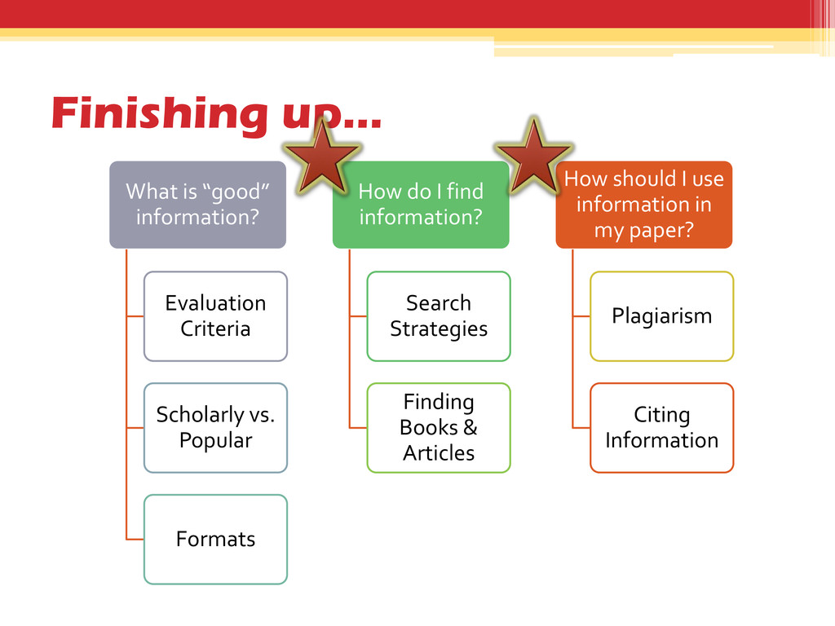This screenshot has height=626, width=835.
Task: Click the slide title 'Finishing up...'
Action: coord(215,113)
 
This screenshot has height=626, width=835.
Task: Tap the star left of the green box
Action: coord(320,158)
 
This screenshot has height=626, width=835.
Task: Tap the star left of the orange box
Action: coord(534,158)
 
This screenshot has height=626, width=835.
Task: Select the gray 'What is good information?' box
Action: coord(198,205)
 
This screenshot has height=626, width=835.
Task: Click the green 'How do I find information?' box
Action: coord(421,205)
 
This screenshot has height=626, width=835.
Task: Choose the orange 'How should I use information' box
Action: coord(643,205)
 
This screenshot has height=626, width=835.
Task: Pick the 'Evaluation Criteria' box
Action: coord(215,316)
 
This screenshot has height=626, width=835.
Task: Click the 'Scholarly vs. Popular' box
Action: coord(215,428)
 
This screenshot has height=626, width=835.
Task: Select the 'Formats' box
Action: coord(215,540)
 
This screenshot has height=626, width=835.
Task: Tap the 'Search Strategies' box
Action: coord(439,316)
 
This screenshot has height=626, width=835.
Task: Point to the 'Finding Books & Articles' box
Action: coord(439,428)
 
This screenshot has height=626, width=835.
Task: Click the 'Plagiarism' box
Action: coord(661,316)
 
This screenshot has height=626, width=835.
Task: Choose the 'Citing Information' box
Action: coord(661,428)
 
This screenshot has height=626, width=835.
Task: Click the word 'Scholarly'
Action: coord(194,415)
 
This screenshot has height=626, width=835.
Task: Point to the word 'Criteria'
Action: coord(215,329)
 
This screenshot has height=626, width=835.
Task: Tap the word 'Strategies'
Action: coord(439,329)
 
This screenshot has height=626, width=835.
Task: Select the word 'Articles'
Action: coord(439,453)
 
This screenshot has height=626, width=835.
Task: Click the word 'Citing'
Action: coord(661,415)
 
